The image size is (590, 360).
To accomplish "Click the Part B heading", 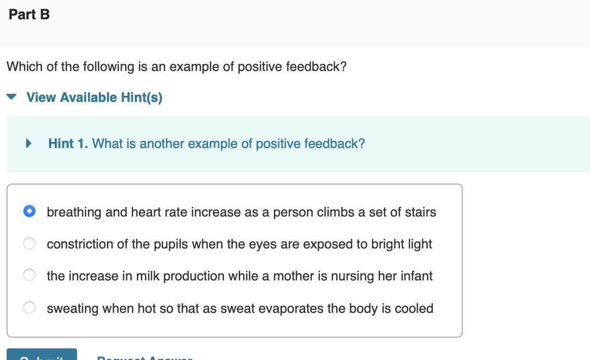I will tap(29, 15).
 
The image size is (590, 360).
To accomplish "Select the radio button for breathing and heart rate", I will tap(29, 211).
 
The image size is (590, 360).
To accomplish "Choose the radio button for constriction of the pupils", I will tap(29, 244).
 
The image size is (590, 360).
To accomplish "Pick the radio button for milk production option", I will tap(29, 276).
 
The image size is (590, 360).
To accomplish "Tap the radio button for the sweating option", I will tap(29, 308).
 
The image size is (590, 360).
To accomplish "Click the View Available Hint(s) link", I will tap(94, 97).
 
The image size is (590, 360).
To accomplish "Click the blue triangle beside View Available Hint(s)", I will tap(12, 97).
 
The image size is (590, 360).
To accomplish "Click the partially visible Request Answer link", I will tap(144, 357).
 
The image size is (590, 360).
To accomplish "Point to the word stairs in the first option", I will tap(420, 212).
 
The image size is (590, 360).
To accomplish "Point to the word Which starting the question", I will tap(24, 67).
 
